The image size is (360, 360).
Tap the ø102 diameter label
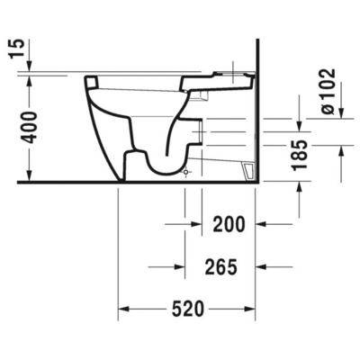pyautogui.click(x=328, y=91)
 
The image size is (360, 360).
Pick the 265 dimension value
pyautogui.click(x=220, y=266)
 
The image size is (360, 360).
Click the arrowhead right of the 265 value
pyautogui.click(x=262, y=266)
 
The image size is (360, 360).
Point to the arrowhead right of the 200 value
pyautogui.click(x=262, y=221)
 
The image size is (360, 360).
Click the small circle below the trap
pyautogui.click(x=186, y=171)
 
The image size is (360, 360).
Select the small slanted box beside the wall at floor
pyautogui.click(x=246, y=169)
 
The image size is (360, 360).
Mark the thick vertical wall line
pyautogui.click(x=257, y=108)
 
